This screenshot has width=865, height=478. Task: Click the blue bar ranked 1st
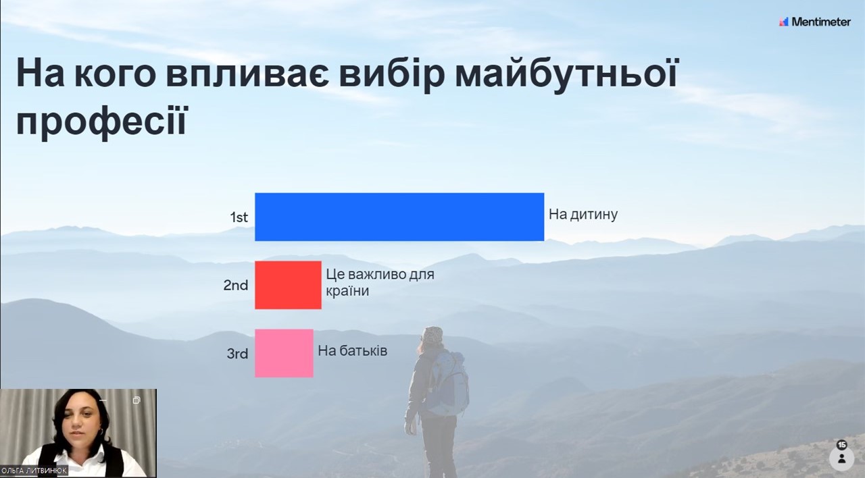click(399, 217)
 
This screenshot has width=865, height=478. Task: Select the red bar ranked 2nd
click(288, 285)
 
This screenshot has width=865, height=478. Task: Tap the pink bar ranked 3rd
click(284, 353)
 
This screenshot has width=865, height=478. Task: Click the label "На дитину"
click(583, 215)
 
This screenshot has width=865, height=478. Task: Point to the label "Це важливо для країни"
click(380, 282)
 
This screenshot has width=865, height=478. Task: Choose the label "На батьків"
click(353, 350)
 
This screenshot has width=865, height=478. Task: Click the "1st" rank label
click(239, 217)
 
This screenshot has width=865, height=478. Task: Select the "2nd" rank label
click(236, 286)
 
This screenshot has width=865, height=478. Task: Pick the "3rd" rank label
click(237, 353)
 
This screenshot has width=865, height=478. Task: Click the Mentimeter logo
click(815, 22)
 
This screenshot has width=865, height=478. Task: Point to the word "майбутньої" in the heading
click(566, 74)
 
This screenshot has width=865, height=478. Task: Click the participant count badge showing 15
click(842, 445)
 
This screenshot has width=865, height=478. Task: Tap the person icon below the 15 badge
click(842, 458)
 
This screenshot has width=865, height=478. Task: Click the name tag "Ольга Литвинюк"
click(34, 471)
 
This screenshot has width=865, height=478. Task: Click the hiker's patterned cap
click(432, 334)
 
